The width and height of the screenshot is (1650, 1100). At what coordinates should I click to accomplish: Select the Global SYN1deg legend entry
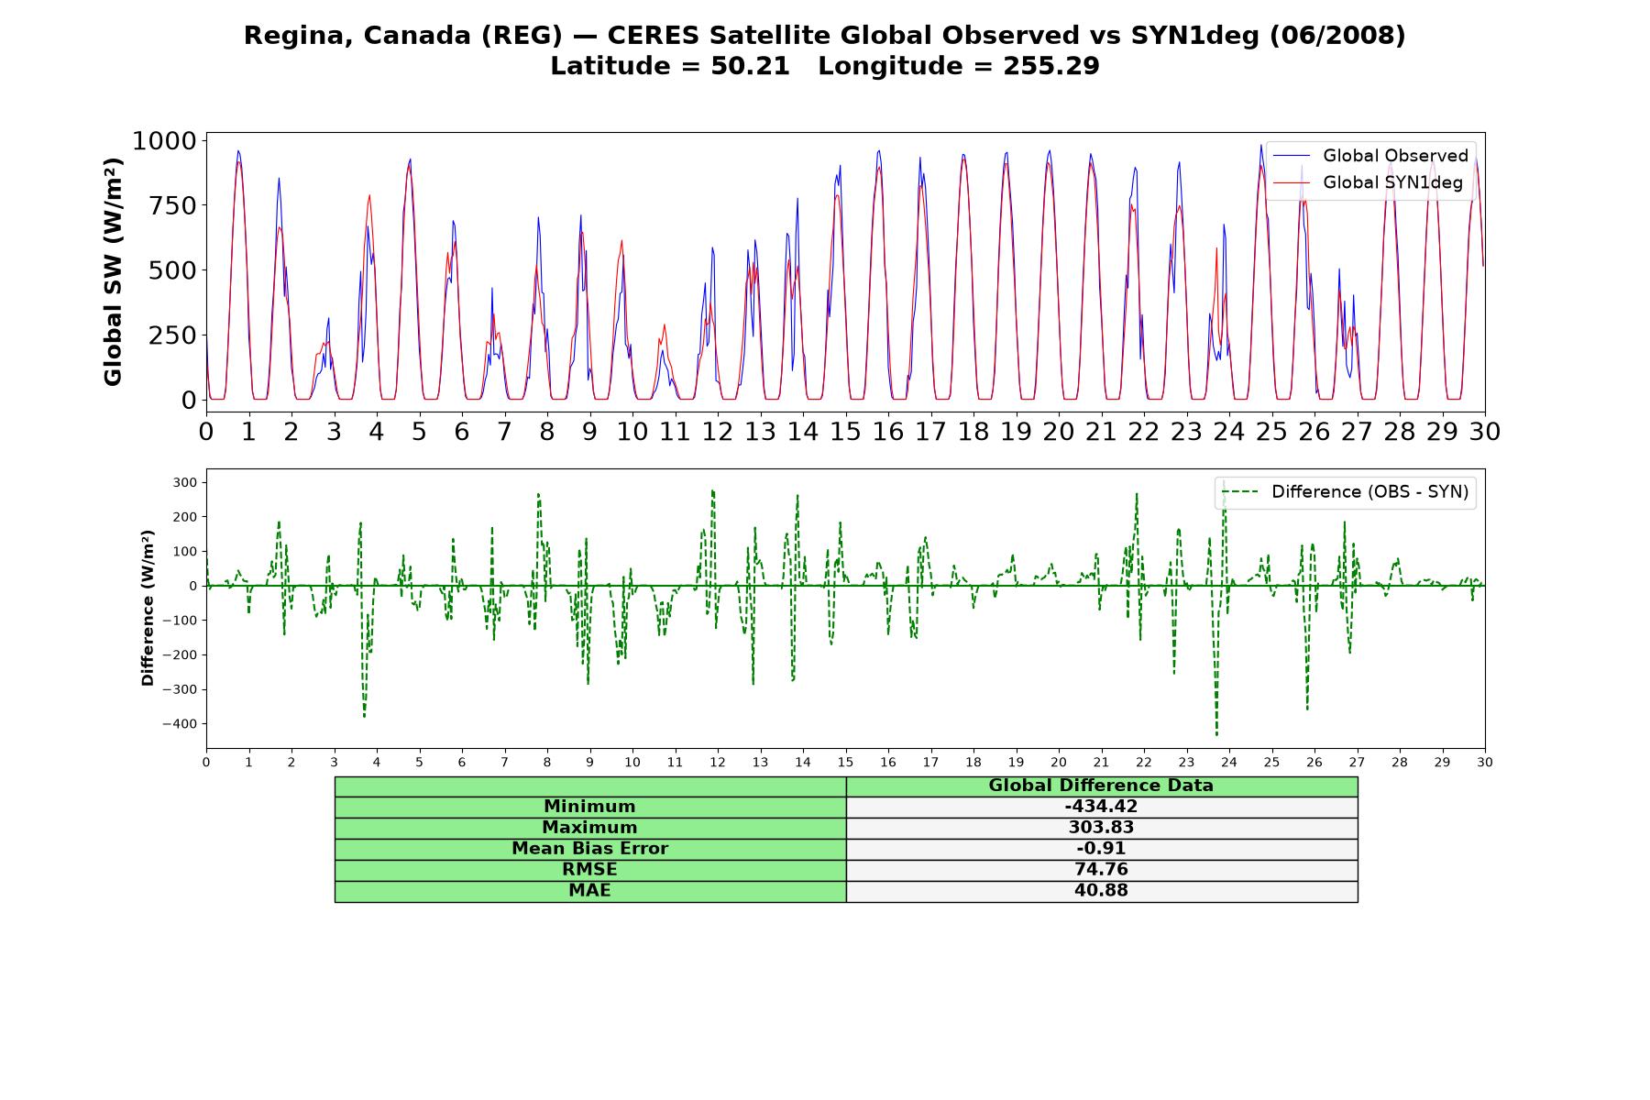1368,182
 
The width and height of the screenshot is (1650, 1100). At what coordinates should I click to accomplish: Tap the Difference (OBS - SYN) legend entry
1345,492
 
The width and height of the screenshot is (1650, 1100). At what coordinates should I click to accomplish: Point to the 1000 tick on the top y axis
165,140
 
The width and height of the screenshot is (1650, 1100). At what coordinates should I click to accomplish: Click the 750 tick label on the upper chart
173,205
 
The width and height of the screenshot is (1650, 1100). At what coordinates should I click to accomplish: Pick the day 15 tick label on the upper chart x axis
845,431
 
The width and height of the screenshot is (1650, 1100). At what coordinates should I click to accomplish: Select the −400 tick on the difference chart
180,724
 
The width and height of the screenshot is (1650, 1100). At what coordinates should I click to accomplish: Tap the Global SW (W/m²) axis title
113,271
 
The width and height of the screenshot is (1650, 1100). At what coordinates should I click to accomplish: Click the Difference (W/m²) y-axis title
148,609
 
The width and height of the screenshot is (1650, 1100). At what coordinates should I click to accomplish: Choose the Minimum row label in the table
589,807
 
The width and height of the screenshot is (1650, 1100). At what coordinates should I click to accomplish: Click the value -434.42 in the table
1101,807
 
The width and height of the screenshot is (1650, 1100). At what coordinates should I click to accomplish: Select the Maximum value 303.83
1101,828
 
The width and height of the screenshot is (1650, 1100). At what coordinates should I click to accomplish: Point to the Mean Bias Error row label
589,849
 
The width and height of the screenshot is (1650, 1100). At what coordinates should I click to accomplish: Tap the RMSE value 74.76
1101,870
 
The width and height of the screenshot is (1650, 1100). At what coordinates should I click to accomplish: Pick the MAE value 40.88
1101,891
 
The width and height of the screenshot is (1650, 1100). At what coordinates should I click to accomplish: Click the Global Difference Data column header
1101,786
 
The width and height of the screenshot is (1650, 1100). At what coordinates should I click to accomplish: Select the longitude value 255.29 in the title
1051,66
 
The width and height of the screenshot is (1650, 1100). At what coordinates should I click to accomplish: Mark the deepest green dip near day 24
1216,735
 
